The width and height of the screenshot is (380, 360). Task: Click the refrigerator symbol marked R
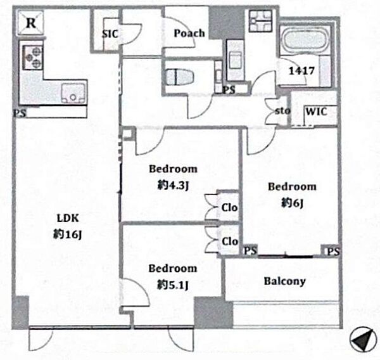coord(30,23)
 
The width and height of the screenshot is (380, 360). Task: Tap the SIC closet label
coord(110,34)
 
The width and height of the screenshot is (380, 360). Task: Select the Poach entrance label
coord(189,33)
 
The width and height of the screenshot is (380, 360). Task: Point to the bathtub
coord(305,41)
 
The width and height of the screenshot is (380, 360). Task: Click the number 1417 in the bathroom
coord(301,71)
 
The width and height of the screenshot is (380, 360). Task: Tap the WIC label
coord(316,112)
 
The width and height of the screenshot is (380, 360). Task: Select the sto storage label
coord(282,111)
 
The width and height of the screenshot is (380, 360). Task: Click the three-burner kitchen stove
coord(33,57)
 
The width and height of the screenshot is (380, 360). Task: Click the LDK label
coord(68,218)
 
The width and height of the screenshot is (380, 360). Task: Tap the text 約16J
coord(67,235)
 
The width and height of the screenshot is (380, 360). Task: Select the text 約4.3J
coord(173,186)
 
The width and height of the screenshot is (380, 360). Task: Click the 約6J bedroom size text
coord(292,203)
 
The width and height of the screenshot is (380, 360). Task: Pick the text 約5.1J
coord(172,285)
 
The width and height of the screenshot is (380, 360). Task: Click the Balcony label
coord(284,281)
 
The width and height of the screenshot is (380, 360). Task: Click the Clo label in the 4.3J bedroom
coord(229,208)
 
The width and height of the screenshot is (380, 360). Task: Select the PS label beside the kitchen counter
coord(20,113)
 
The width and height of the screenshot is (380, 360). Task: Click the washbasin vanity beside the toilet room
coord(236,60)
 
